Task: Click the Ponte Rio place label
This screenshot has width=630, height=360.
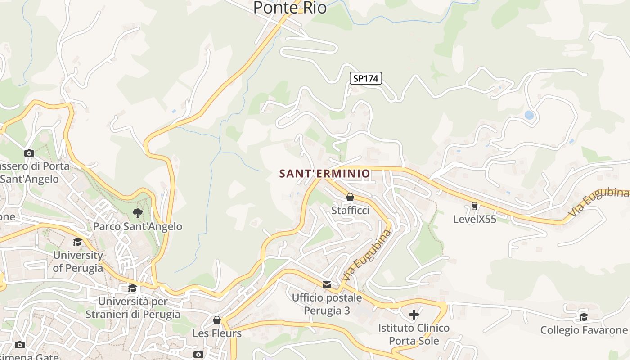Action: pos(290,8)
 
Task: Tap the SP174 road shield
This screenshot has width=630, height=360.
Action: pos(366,78)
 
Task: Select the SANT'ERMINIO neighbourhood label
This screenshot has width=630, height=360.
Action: pos(324,173)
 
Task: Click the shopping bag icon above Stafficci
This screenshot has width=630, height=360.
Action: pos(350,197)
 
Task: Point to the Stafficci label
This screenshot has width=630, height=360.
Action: pos(350,210)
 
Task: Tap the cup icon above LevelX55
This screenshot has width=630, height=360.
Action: pos(474,206)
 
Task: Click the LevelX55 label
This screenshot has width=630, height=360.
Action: pos(474,219)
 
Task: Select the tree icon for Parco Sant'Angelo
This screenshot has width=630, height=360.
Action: pos(138,213)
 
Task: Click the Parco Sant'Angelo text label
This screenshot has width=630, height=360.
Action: pos(138,226)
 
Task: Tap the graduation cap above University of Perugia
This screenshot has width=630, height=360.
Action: pos(78,242)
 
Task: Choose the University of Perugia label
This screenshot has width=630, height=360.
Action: pos(78,261)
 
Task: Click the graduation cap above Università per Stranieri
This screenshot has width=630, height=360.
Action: pos(132,288)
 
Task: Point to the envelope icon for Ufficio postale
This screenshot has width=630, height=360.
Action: pos(327,284)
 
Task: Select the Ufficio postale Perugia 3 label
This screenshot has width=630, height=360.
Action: pos(327,304)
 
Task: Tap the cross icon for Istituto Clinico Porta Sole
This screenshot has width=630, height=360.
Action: pos(414,314)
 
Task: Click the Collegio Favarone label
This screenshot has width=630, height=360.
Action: pos(584,330)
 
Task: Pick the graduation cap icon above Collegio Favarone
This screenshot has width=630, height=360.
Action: pos(584,317)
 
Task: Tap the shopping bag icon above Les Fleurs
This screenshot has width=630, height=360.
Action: pos(217,320)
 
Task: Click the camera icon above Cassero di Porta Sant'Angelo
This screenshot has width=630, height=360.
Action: pos(29,153)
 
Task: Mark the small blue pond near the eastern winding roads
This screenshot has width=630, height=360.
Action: pos(529,115)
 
